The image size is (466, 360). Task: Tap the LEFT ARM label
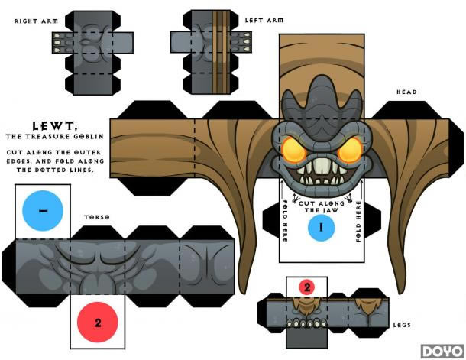coord(264,21)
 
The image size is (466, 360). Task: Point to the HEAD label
coord(406,92)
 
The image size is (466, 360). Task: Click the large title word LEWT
coord(51,125)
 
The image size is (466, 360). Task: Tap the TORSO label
coord(96,218)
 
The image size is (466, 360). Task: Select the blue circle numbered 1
coord(321,227)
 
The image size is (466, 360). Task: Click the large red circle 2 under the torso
coord(98,322)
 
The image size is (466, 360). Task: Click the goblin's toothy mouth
coord(320,173)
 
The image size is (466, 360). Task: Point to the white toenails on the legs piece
coord(306,323)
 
